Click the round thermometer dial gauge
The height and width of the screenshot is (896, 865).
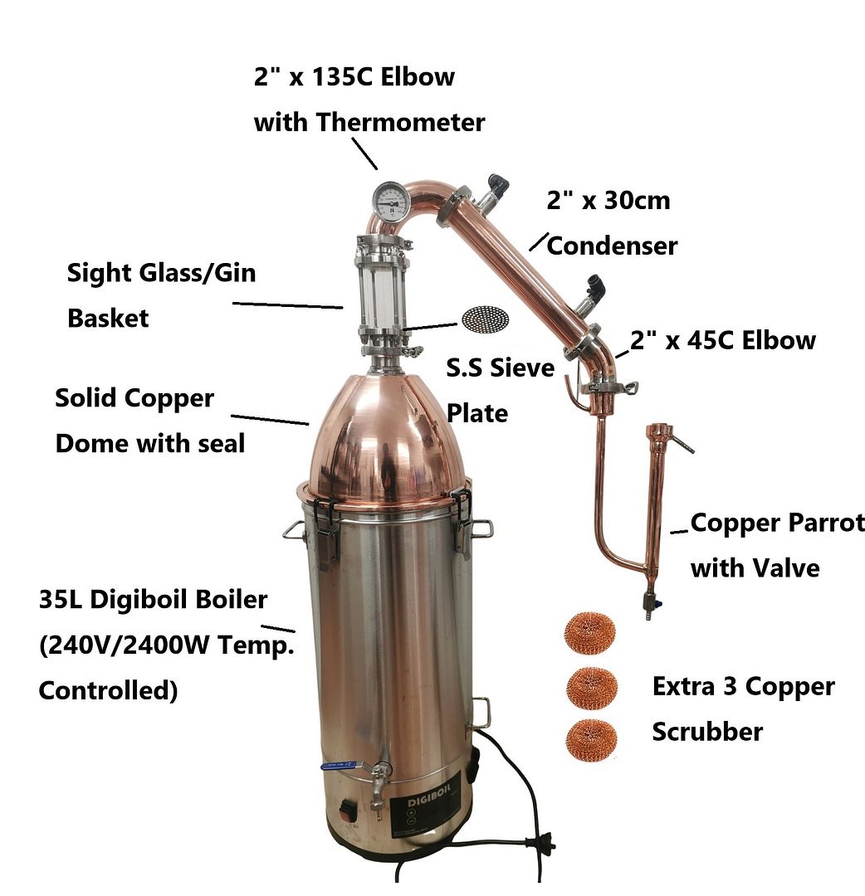(x=390, y=200)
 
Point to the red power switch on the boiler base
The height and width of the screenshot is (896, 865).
(x=348, y=811)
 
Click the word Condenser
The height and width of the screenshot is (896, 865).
(x=612, y=246)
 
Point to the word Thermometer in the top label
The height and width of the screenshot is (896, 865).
(x=400, y=122)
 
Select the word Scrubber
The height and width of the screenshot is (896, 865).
(x=707, y=732)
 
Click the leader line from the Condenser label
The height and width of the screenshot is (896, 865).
(x=539, y=241)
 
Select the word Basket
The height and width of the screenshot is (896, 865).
(x=108, y=319)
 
